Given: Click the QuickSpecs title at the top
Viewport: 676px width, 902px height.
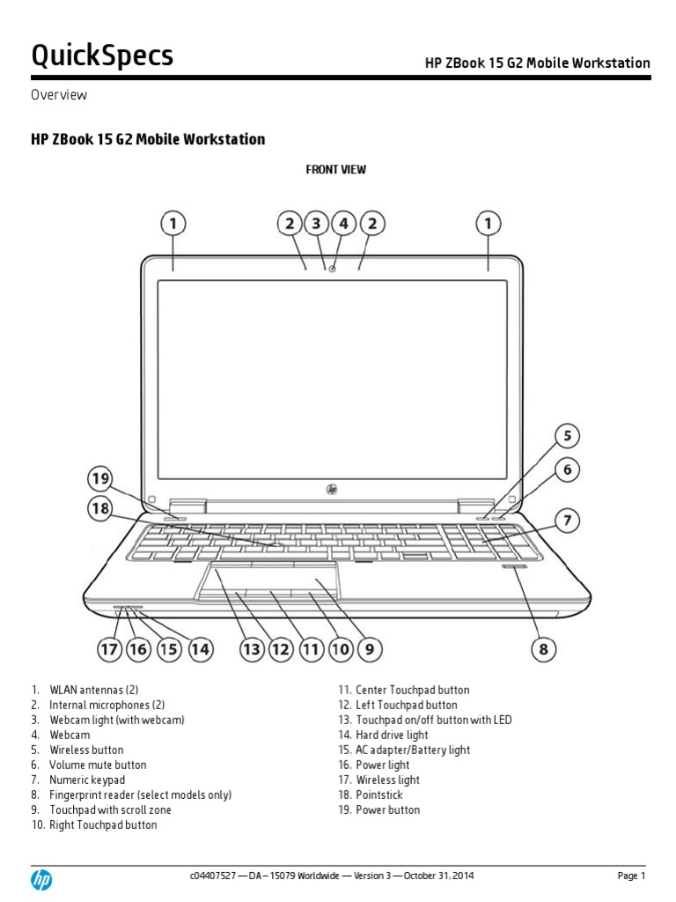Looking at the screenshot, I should pyautogui.click(x=102, y=55).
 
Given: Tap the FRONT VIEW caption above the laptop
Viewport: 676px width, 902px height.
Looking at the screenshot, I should pyautogui.click(x=335, y=169).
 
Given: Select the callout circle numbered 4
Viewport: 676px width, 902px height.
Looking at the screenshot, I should pyautogui.click(x=344, y=224).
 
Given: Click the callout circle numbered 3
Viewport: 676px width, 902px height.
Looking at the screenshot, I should pyautogui.click(x=317, y=224).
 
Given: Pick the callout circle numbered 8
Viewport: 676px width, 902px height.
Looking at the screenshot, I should pyautogui.click(x=543, y=650).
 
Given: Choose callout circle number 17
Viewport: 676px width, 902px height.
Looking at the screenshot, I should pyautogui.click(x=109, y=650).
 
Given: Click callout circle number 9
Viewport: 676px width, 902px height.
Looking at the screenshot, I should pyautogui.click(x=369, y=650).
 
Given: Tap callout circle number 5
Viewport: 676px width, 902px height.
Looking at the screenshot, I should pyautogui.click(x=567, y=436).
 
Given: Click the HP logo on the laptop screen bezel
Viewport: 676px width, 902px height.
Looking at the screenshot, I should pyautogui.click(x=333, y=488).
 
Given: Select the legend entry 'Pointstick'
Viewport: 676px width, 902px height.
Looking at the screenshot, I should pyautogui.click(x=379, y=795).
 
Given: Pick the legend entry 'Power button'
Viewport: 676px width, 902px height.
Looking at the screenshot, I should pyautogui.click(x=387, y=810).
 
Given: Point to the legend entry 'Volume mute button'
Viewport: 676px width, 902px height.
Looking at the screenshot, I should pyautogui.click(x=98, y=765).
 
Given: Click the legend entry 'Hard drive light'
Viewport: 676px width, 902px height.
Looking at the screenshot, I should pyautogui.click(x=392, y=735).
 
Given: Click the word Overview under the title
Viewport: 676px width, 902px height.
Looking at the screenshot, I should pyautogui.click(x=59, y=95).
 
